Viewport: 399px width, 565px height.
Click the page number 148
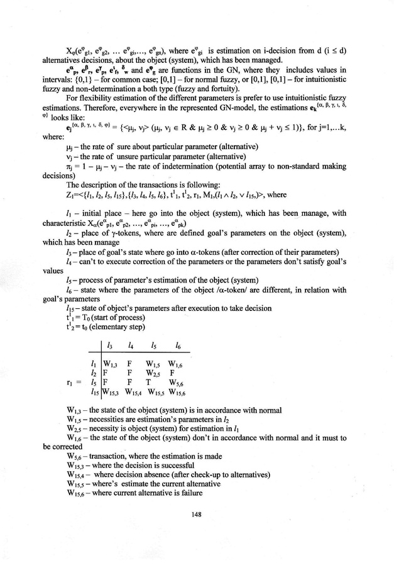click(200, 513)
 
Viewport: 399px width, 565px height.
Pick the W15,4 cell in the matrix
click(131, 391)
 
